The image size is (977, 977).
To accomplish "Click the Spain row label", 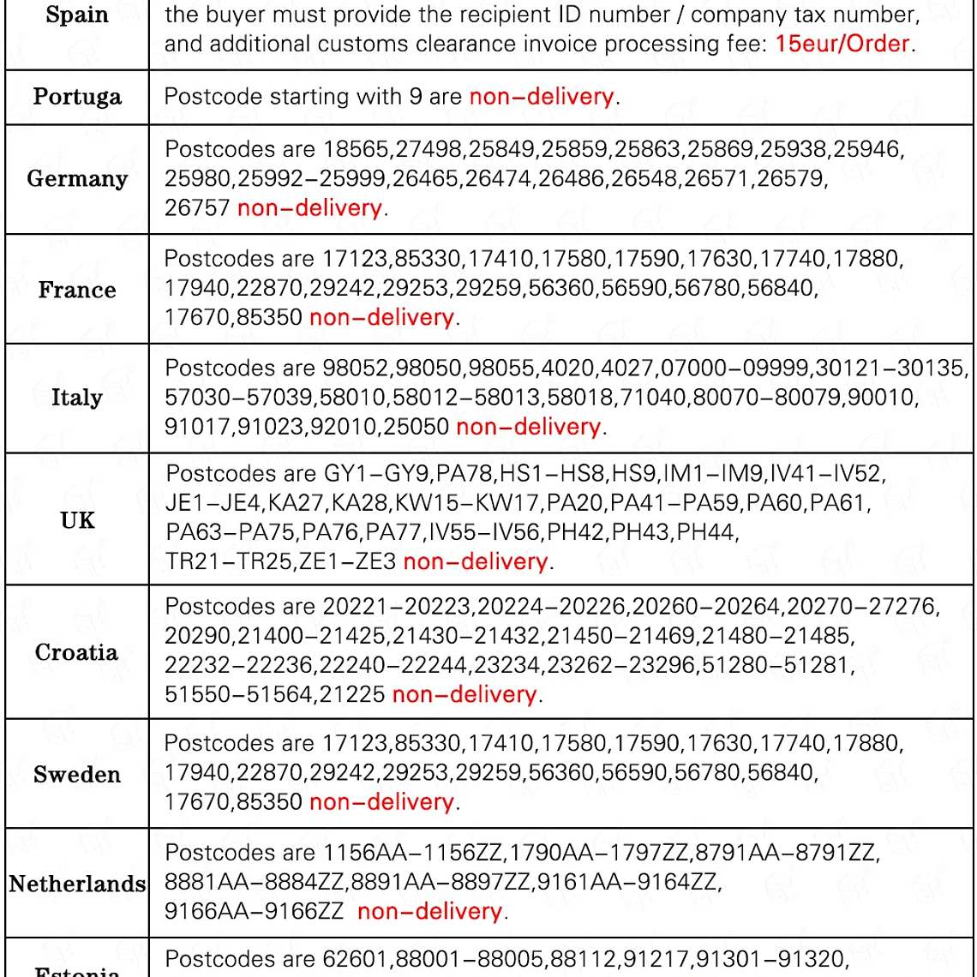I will pyautogui.click(x=77, y=15).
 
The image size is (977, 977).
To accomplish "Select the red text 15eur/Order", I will pyautogui.click(x=842, y=44).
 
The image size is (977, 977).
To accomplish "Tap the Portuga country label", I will pyautogui.click(x=77, y=96).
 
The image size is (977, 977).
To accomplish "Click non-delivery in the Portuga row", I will pyautogui.click(x=542, y=96).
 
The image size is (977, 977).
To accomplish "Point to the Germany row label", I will pyautogui.click(x=77, y=178).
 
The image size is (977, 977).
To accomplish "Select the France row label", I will pyautogui.click(x=77, y=289).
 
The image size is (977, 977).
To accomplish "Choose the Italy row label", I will pyautogui.click(x=77, y=398).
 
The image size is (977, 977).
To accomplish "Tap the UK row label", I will pyautogui.click(x=77, y=519).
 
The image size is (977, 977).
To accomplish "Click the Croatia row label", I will pyautogui.click(x=77, y=652).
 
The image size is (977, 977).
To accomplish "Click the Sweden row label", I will pyautogui.click(x=77, y=775).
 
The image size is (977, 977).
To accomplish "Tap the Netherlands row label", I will pyautogui.click(x=77, y=884).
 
